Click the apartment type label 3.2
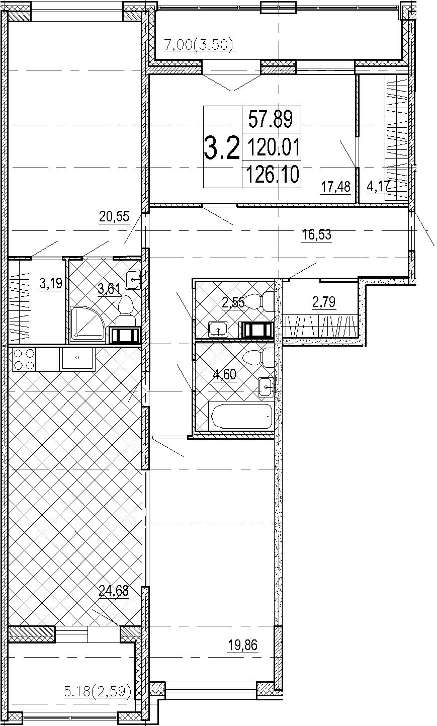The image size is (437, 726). tap(222, 148)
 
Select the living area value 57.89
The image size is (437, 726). tap(271, 119)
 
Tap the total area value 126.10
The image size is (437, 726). tap(273, 174)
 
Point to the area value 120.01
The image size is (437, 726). tap(274, 146)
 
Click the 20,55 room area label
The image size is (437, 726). tap(114, 216)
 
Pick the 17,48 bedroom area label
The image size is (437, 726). tap(335, 187)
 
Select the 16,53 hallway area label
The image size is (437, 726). tap(316, 234)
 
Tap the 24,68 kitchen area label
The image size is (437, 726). tap(114, 591)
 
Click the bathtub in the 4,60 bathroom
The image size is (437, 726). tap(241, 416)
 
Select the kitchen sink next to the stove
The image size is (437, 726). tap(77, 359)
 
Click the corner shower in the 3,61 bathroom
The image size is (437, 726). tap(88, 325)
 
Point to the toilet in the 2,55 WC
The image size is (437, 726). tap(261, 302)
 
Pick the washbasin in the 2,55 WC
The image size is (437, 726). tap(219, 330)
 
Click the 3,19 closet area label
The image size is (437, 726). tap(51, 284)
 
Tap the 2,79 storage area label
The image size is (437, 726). tap(324, 302)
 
